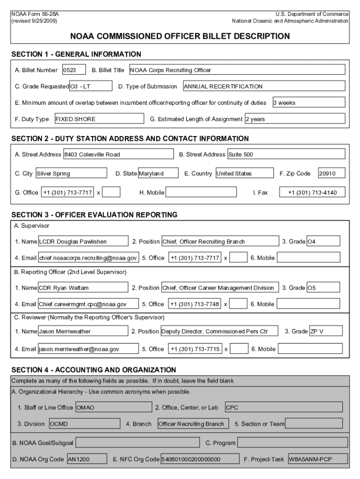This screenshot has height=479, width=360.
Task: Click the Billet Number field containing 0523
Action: [x=74, y=70]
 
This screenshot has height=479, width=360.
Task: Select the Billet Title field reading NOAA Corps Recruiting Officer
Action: [x=237, y=70]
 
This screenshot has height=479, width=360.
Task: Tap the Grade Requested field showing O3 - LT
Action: [x=91, y=86]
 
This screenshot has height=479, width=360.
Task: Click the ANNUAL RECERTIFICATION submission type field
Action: [x=264, y=86]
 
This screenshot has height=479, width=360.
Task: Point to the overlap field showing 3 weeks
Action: [x=309, y=102]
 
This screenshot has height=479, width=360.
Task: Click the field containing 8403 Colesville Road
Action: [x=118, y=154]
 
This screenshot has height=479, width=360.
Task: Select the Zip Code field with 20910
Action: [x=331, y=174]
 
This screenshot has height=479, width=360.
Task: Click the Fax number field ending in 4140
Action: [x=312, y=192]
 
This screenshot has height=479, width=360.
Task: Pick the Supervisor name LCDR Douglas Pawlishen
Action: [x=83, y=242]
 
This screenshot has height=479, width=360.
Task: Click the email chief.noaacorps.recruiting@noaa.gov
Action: [x=88, y=258]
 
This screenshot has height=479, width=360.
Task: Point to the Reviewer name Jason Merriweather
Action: [x=83, y=331]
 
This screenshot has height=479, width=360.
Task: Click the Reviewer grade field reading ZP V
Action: [x=326, y=331]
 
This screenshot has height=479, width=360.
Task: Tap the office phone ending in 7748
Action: [x=194, y=304]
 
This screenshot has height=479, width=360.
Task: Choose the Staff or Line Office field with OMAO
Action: [x=113, y=407]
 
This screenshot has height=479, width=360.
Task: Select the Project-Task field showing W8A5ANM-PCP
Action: [x=317, y=459]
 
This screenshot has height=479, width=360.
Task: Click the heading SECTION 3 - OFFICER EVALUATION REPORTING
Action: [x=94, y=215]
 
